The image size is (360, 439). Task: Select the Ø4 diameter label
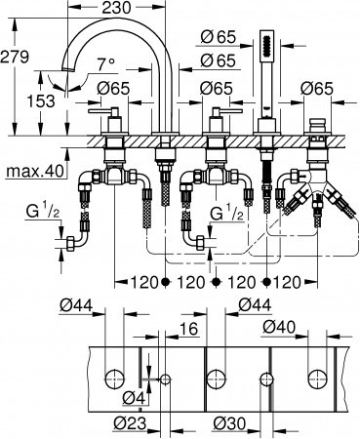pos(131,397)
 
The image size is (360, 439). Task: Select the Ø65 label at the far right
pos(317,89)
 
